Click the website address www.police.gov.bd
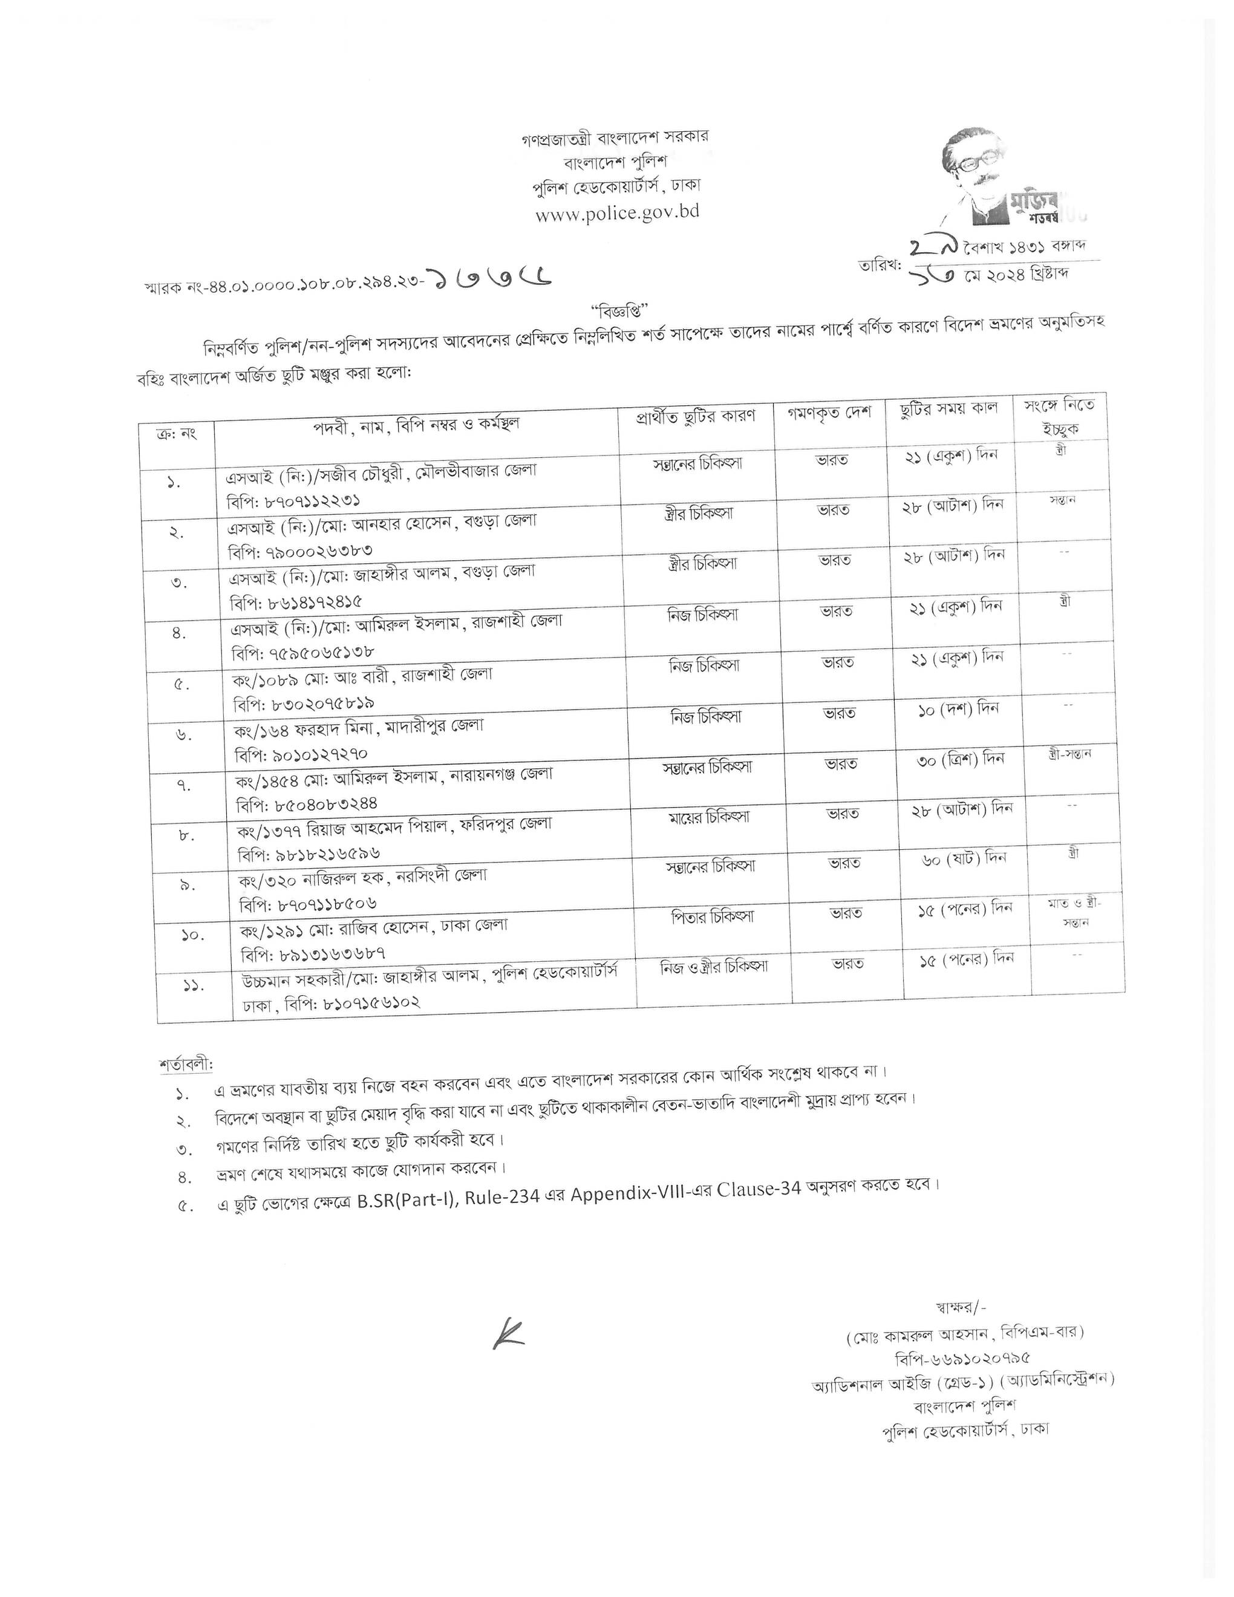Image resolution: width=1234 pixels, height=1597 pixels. pos(616,213)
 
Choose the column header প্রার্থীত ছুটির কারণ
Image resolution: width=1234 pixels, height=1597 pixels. pos(695,417)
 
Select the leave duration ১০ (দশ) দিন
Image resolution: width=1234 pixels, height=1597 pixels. pos(958,708)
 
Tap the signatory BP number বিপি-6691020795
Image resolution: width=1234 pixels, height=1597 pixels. pos(961,1359)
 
